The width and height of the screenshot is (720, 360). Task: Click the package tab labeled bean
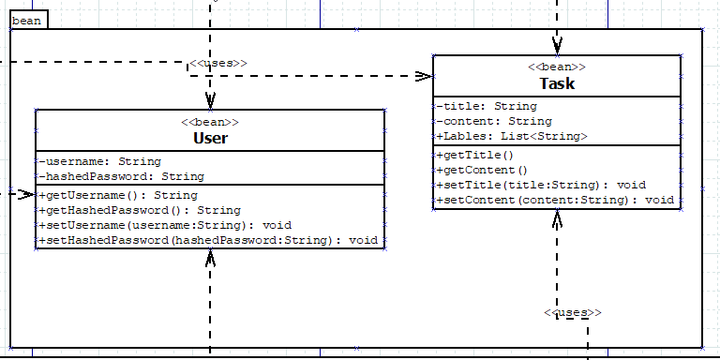[x=27, y=20]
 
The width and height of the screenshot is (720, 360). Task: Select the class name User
[x=210, y=139]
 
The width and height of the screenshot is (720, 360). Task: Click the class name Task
[x=557, y=83]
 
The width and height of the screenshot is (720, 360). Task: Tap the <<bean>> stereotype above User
[x=210, y=122]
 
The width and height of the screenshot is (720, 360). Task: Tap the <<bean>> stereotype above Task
[x=557, y=67]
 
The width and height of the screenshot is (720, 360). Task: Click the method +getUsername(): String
[x=118, y=195]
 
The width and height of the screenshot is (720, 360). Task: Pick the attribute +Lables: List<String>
[x=512, y=136]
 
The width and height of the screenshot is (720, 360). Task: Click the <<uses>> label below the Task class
[x=572, y=312]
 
